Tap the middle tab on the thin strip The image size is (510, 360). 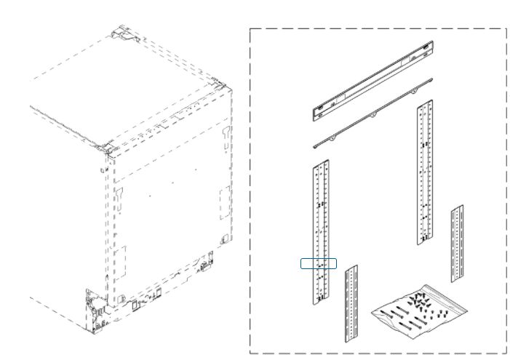click(x=372, y=115)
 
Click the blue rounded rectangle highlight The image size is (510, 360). click(x=319, y=263)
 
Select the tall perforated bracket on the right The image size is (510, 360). click(x=425, y=175)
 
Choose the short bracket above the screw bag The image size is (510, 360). click(x=457, y=244)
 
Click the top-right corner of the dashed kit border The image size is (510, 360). click(x=506, y=29)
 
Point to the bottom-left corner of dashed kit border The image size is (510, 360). click(x=250, y=353)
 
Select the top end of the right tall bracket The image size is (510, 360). click(x=426, y=105)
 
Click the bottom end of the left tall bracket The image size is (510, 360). click(x=320, y=300)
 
